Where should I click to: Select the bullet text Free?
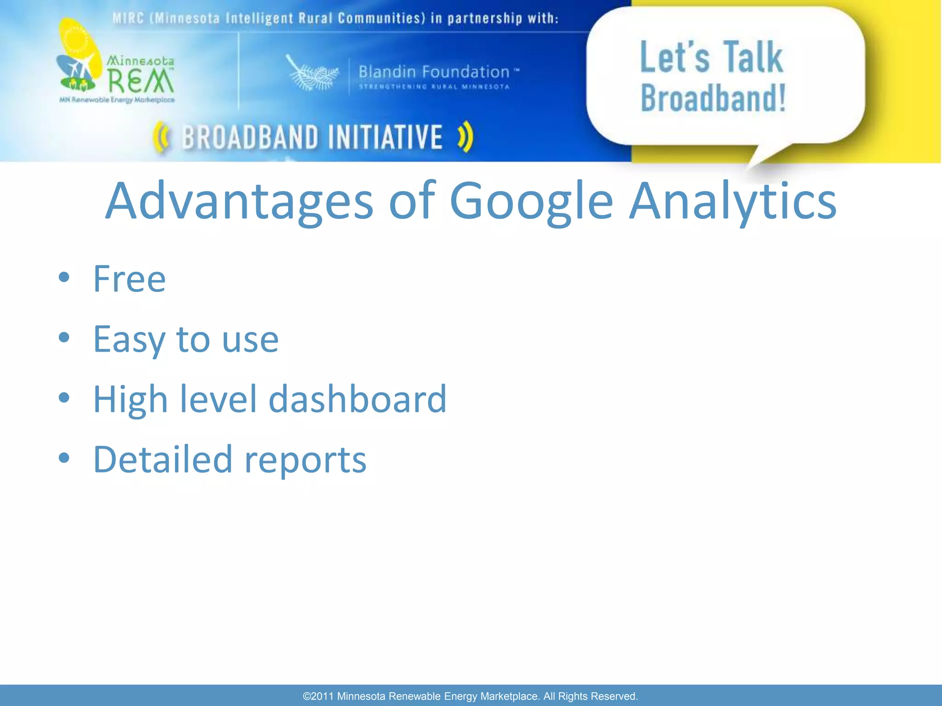point(129,279)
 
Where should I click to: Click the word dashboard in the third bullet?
point(357,399)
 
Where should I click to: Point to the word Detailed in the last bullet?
point(163,459)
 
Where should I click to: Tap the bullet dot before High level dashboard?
point(64,398)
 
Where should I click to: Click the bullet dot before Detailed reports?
point(64,458)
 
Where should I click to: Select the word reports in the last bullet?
point(305,460)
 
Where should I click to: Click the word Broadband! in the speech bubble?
point(713,99)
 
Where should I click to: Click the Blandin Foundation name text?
point(434,72)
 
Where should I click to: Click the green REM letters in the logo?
point(140,81)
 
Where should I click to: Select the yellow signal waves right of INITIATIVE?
point(465,137)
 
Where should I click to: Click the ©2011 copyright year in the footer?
point(318,696)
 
